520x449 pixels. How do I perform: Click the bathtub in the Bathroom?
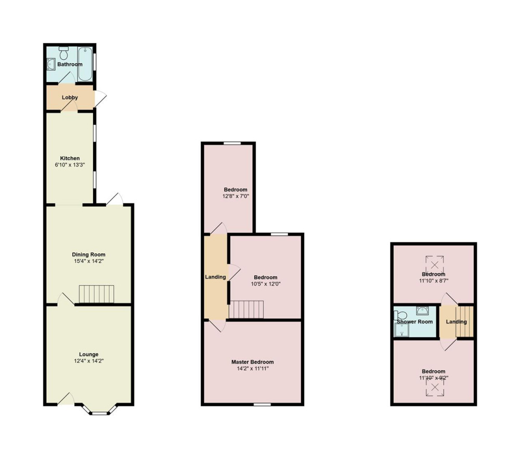pyautogui.click(x=85, y=64)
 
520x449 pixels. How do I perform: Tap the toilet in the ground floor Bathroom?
pyautogui.click(x=63, y=52)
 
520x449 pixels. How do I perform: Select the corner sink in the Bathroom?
pyautogui.click(x=51, y=64)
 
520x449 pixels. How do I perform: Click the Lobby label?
pyautogui.click(x=70, y=98)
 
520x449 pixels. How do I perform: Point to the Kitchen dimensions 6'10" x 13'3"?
pyautogui.click(x=70, y=165)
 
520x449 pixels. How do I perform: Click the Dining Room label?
pyautogui.click(x=88, y=254)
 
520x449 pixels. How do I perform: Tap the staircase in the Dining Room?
pyautogui.click(x=97, y=294)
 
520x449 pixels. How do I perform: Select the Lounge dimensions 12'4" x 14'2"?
pyautogui.click(x=89, y=361)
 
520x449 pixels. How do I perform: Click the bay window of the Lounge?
pyautogui.click(x=99, y=409)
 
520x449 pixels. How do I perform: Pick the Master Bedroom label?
pyautogui.click(x=253, y=362)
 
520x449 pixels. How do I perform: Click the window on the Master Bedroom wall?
pyautogui.click(x=262, y=404)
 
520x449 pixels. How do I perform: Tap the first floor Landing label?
pyautogui.click(x=216, y=277)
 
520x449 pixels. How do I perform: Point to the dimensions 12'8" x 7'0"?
pyautogui.click(x=236, y=196)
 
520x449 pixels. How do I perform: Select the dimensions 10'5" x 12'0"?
pyautogui.click(x=266, y=284)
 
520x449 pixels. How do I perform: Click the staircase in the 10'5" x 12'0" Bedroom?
pyautogui.click(x=246, y=309)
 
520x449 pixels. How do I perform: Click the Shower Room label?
pyautogui.click(x=415, y=321)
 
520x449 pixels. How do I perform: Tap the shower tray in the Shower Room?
pyautogui.click(x=401, y=330)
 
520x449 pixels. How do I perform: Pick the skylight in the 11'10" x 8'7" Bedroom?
pyautogui.click(x=434, y=265)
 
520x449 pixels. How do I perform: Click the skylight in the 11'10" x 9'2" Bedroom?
pyautogui.click(x=434, y=387)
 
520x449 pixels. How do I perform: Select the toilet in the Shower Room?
pyautogui.click(x=400, y=315)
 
